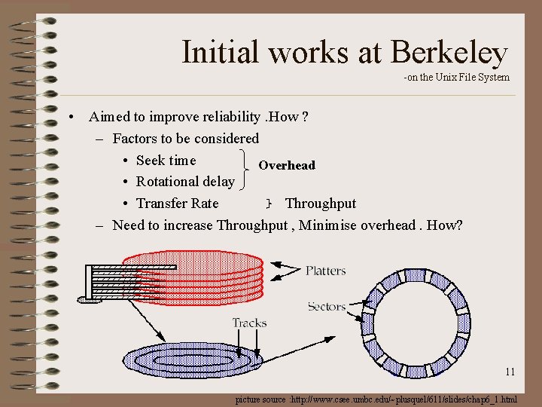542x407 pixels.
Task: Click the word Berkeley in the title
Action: (449, 53)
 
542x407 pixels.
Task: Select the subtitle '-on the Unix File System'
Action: (456, 77)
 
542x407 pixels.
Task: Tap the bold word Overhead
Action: (287, 165)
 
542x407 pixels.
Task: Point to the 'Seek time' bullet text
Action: (166, 160)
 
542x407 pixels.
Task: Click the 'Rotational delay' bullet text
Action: (185, 182)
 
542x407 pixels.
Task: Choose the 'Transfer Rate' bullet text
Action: (178, 203)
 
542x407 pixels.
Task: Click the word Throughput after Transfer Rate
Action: (321, 203)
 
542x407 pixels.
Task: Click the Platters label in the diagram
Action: (325, 271)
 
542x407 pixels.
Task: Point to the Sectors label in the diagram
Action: (327, 306)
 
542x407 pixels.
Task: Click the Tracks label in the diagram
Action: (249, 323)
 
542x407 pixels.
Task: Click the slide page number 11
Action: (510, 372)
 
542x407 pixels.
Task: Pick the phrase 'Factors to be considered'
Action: (185, 139)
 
